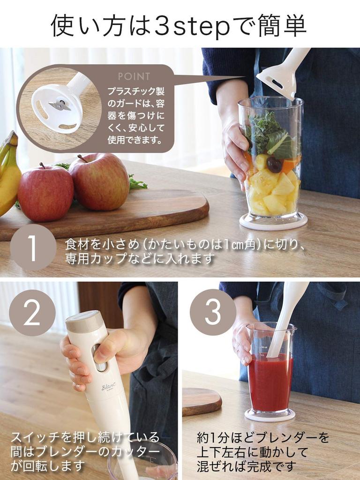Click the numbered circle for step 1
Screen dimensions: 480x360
point(33,247)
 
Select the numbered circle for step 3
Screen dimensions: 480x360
point(213,312)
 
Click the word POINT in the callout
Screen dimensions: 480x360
point(134,76)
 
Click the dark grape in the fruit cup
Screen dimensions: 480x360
point(274,165)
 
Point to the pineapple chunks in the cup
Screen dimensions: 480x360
point(274,192)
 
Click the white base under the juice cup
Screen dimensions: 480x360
point(270,414)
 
